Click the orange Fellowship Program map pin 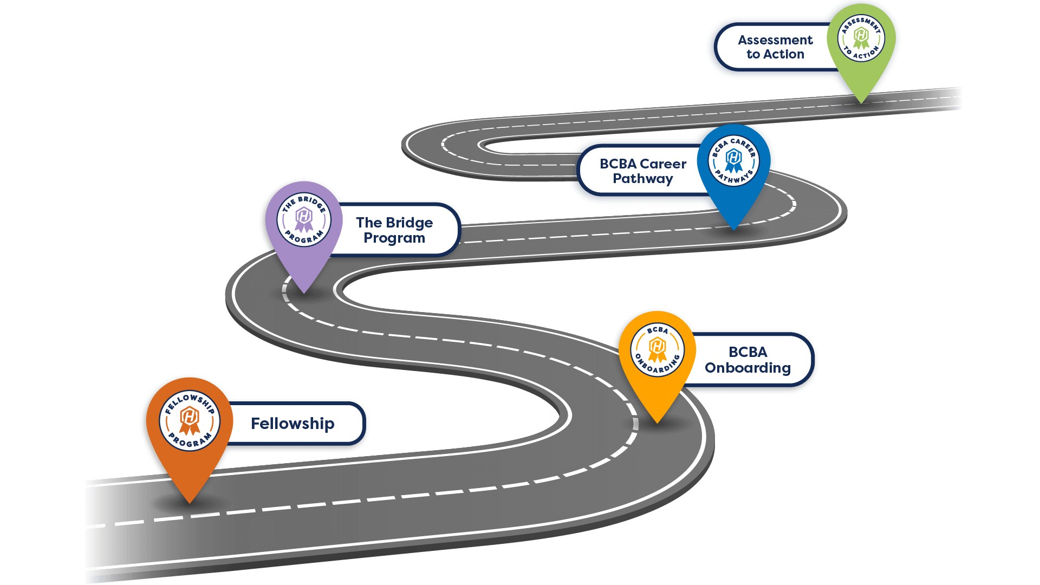pyautogui.click(x=190, y=428)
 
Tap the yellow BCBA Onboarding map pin pyautogui.click(x=657, y=357)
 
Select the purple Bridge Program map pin pyautogui.click(x=304, y=227)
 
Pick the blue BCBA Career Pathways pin pyautogui.click(x=733, y=168)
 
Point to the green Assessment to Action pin pyautogui.click(x=861, y=46)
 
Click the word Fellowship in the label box pyautogui.click(x=292, y=424)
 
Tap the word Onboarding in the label pyautogui.click(x=747, y=368)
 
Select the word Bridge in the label pyautogui.click(x=409, y=223)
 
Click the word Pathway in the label pyautogui.click(x=643, y=179)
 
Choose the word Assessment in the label pyautogui.click(x=775, y=40)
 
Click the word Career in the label pyautogui.click(x=663, y=164)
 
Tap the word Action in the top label pyautogui.click(x=783, y=54)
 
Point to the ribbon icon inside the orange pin pyautogui.click(x=190, y=421)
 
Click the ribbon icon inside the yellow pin pyautogui.click(x=657, y=350)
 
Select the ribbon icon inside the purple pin pyautogui.click(x=304, y=219)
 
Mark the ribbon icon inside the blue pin pyautogui.click(x=733, y=161)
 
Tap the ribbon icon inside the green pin pyautogui.click(x=861, y=38)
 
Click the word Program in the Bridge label pyautogui.click(x=394, y=238)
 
